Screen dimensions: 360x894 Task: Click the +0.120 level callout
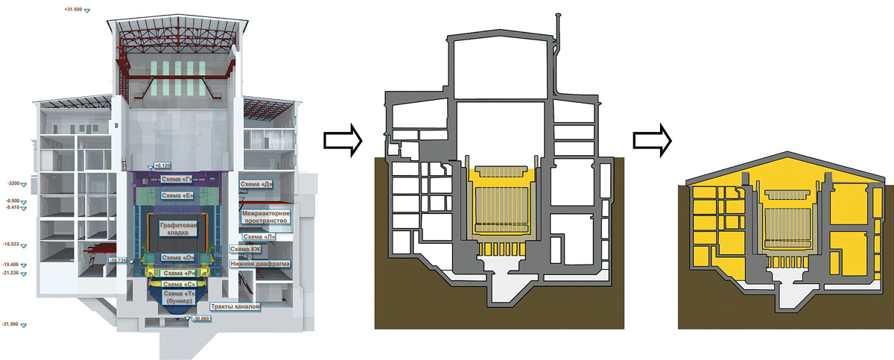[161, 165]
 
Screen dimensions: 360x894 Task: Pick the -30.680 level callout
[200, 318]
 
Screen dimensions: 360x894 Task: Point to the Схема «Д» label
[255, 183]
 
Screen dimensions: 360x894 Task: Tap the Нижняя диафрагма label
[261, 263]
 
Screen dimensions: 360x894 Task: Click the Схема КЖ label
[245, 249]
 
